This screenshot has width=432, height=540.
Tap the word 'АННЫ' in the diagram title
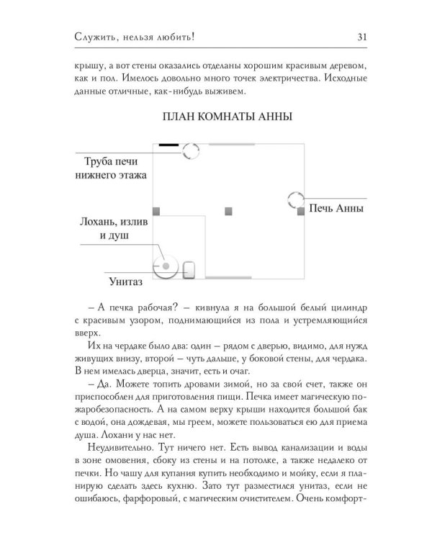271,117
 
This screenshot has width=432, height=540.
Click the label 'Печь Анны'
334,210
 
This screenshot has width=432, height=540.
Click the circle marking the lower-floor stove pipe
191,151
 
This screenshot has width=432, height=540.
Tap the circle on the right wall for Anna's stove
296,201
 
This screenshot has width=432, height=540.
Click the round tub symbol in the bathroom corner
165,266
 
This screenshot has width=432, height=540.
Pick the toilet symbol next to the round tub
189,269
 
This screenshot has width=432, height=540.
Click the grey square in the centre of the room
229,211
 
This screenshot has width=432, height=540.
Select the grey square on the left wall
156,211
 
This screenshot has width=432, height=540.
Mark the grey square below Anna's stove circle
301,212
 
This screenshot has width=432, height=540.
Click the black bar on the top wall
168,145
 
